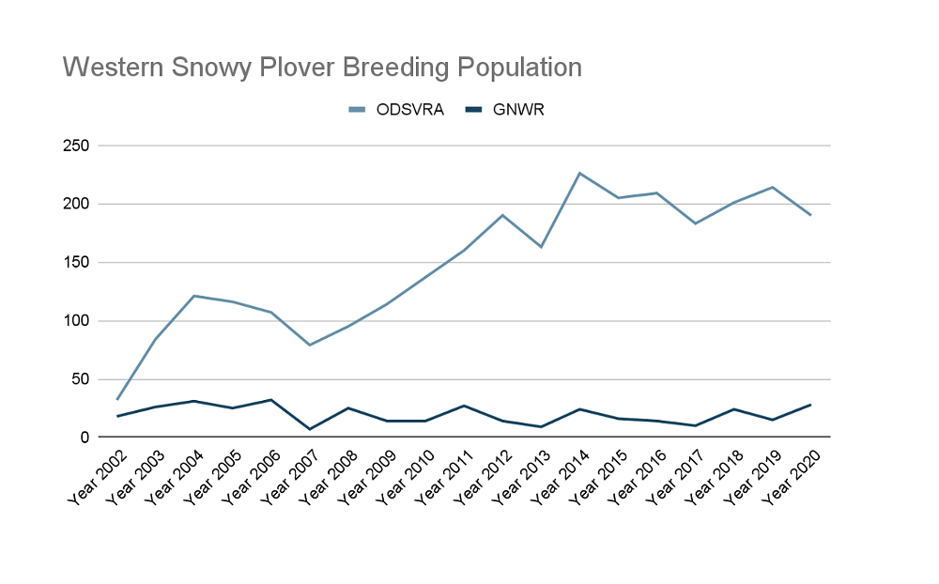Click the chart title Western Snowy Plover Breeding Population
tap(322, 68)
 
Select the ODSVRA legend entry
tap(405, 109)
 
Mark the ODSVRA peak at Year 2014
tap(579, 173)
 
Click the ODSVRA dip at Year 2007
tap(310, 345)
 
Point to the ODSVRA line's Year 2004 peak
tap(193, 296)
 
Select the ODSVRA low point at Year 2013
tap(541, 247)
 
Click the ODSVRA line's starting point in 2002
tap(116, 400)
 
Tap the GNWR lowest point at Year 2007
tap(310, 429)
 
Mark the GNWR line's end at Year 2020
tap(810, 405)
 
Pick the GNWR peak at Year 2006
tap(271, 400)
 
